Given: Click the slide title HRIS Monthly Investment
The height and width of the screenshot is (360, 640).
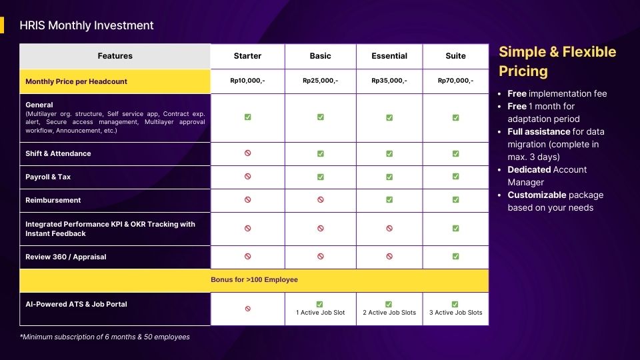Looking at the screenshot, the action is [x=87, y=25].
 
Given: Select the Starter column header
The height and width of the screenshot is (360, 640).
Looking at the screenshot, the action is [x=247, y=56].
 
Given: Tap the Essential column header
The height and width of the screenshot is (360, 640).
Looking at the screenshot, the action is [x=389, y=56].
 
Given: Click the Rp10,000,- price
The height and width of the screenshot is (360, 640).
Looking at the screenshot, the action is [x=247, y=81].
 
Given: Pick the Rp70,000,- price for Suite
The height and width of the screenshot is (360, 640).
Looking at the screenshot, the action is [x=455, y=81].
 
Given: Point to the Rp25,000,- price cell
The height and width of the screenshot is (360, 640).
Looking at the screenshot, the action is [x=321, y=81].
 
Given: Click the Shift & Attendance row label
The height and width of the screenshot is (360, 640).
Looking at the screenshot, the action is [x=58, y=153].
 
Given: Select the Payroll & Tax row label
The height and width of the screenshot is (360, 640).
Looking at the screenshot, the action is [x=48, y=177].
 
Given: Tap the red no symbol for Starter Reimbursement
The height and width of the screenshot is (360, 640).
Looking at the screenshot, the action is [x=248, y=199].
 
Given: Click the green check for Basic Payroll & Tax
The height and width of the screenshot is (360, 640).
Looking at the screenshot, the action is [x=321, y=177].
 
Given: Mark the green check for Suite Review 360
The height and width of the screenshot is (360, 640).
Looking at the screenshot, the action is [x=455, y=256].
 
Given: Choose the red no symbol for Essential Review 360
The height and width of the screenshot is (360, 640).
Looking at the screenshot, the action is [x=389, y=256].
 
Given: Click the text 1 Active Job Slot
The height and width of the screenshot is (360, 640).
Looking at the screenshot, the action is [x=321, y=313].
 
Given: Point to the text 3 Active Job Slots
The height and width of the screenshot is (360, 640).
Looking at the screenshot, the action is [x=455, y=313].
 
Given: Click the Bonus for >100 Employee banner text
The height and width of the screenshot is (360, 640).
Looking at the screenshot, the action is [x=254, y=279].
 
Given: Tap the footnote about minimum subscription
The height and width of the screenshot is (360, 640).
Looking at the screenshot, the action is [x=105, y=337].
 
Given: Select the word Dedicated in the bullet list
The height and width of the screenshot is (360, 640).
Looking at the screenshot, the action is [x=529, y=170].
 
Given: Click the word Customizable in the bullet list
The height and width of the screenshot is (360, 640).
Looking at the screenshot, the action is [x=537, y=195].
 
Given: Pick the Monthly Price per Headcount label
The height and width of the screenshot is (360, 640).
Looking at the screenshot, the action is [x=76, y=81].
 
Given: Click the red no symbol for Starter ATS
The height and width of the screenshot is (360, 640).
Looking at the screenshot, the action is [x=248, y=309].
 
